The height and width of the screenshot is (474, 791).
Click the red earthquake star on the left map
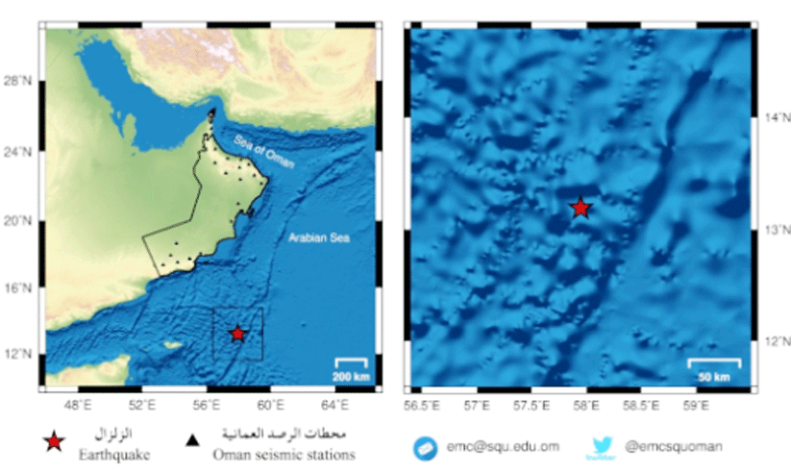tap(237, 334)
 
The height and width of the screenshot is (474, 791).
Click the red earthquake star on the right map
tap(580, 208)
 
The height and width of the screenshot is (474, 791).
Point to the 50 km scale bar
tap(714, 362)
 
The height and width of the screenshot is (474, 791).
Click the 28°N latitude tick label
tap(17, 83)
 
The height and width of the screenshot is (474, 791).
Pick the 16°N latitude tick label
tap(17, 287)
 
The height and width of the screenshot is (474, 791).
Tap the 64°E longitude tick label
tap(335, 405)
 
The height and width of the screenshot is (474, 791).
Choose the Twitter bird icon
tap(603, 445)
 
